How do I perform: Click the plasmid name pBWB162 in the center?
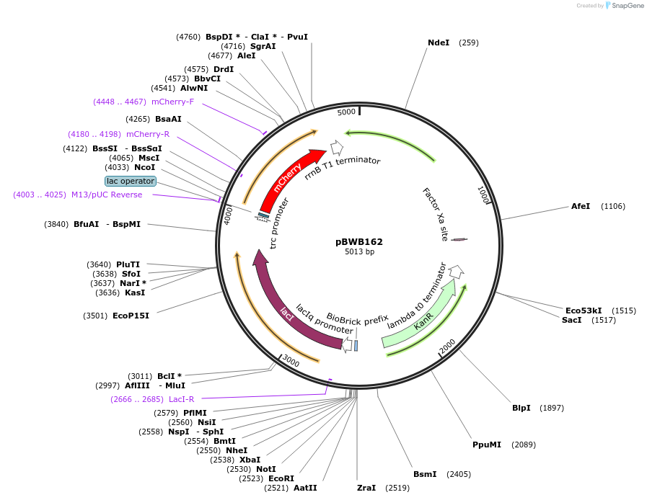point(359,241)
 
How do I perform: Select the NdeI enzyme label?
point(439,43)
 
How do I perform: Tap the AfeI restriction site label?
point(581,206)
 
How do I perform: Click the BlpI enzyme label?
point(521,408)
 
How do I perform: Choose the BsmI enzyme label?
point(425,474)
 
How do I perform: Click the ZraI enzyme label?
point(366,488)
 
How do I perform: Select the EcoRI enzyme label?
point(281,478)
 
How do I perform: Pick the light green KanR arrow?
point(422,317)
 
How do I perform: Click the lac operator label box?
point(130,181)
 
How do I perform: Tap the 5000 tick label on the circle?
point(347,112)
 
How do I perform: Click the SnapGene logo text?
point(628,6)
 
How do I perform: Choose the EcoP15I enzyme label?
point(131,316)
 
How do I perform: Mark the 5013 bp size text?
point(359,252)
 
